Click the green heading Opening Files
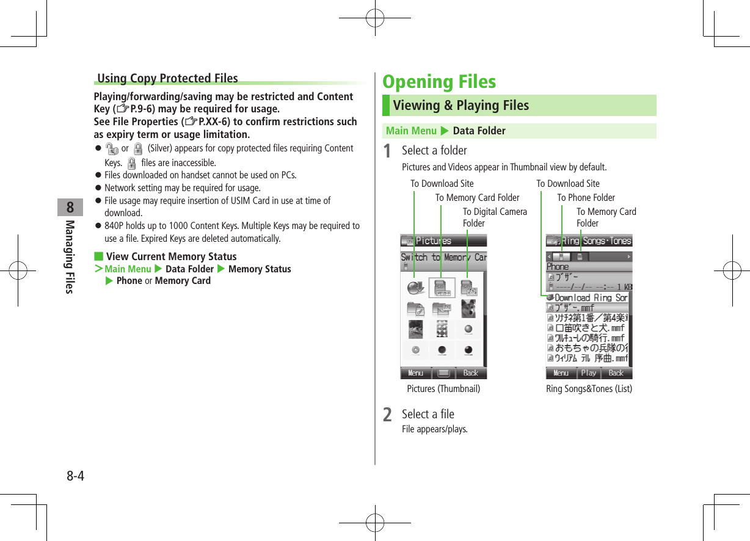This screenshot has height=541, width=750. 439,82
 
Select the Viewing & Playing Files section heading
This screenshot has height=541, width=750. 461,106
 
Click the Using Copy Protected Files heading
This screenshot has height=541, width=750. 167,78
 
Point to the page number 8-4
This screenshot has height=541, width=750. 75,476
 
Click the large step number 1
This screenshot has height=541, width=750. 387,151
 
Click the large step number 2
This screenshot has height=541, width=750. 387,415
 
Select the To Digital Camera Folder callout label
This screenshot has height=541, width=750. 494,217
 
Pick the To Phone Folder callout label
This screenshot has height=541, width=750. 586,197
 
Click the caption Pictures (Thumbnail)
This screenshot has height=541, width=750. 443,388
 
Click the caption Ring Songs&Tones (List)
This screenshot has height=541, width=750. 589,388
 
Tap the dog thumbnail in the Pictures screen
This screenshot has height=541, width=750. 468,308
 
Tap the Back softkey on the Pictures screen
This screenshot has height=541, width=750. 471,372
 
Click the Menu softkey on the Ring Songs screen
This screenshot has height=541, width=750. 561,372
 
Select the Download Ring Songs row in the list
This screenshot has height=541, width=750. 589,298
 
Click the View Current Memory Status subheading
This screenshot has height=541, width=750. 171,256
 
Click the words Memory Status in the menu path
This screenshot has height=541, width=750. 260,269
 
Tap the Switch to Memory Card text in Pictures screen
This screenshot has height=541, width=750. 443,257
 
